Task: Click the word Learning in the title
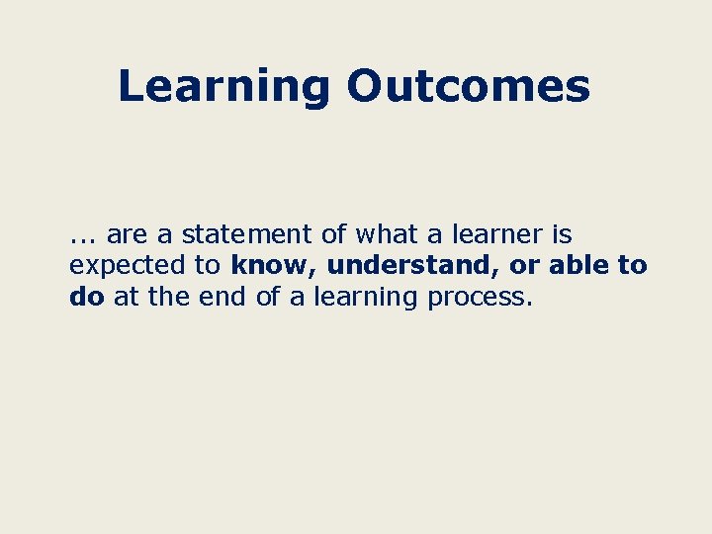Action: click(x=223, y=87)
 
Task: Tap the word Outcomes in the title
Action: click(x=468, y=86)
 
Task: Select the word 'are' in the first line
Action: click(x=126, y=235)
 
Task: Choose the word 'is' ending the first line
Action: click(x=562, y=235)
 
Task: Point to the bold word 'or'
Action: click(x=524, y=266)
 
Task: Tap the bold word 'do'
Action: click(x=87, y=297)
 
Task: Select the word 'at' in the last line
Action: click(x=126, y=297)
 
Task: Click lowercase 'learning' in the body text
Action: click(x=366, y=298)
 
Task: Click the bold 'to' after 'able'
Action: click(x=632, y=266)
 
